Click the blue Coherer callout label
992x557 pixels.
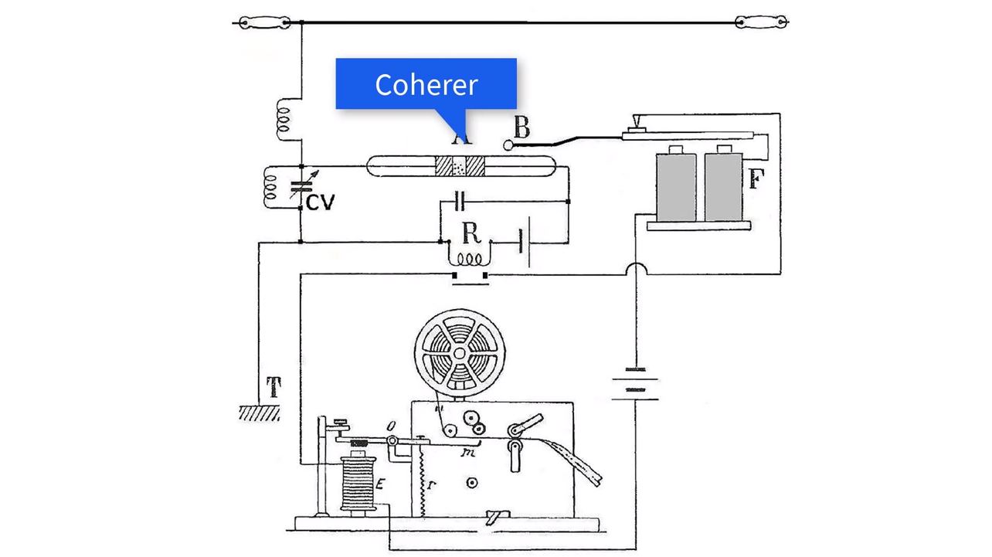[426, 83]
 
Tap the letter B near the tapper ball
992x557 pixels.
[522, 127]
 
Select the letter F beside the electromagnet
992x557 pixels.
[756, 180]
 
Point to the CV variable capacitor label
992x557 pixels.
[320, 202]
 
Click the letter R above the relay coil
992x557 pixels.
[471, 233]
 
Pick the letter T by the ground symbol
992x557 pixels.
[273, 387]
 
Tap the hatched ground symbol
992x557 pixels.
[258, 413]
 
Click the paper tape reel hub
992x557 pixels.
[459, 353]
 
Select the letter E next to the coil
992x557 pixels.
[380, 484]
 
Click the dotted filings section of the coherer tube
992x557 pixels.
[460, 166]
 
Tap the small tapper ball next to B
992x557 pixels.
[508, 144]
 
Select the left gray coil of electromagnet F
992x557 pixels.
[675, 185]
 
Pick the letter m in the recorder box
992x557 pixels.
[467, 453]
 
